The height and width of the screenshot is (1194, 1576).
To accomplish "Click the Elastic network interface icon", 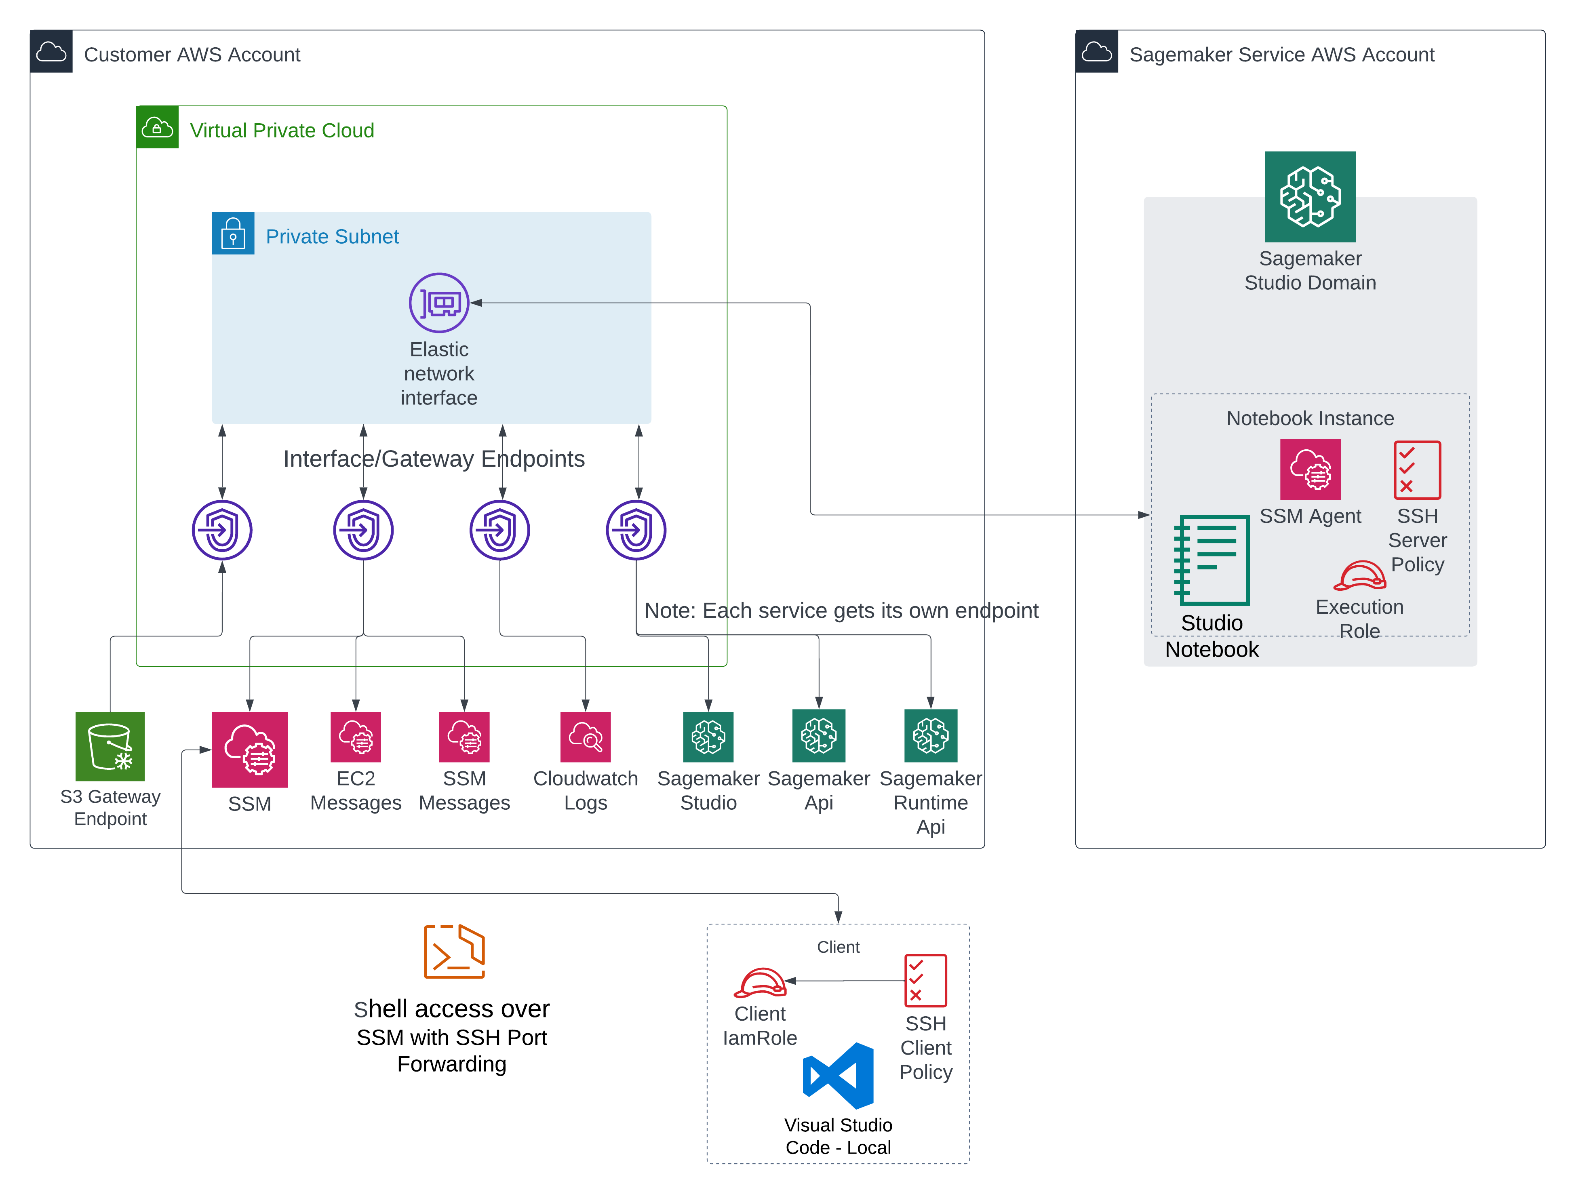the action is (439, 303).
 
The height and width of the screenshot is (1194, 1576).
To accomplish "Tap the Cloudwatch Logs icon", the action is (585, 737).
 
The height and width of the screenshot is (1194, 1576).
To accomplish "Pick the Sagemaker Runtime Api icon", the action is (931, 735).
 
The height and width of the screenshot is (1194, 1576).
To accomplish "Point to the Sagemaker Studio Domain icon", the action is (1310, 197).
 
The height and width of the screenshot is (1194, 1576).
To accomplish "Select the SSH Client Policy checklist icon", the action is (925, 980).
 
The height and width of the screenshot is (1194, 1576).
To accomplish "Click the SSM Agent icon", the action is (1310, 470).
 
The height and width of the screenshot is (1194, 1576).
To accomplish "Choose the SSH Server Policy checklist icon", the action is (1417, 470).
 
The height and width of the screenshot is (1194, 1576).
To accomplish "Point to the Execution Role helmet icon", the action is (1359, 576).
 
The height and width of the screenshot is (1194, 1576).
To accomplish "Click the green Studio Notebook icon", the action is (1211, 560).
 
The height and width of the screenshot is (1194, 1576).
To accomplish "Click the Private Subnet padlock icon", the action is (233, 233).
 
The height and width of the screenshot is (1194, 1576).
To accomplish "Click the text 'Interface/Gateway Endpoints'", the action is (434, 459).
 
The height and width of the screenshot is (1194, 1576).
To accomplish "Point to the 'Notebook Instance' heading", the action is (1310, 418).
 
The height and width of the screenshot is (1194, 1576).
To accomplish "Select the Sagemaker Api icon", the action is (819, 735).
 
